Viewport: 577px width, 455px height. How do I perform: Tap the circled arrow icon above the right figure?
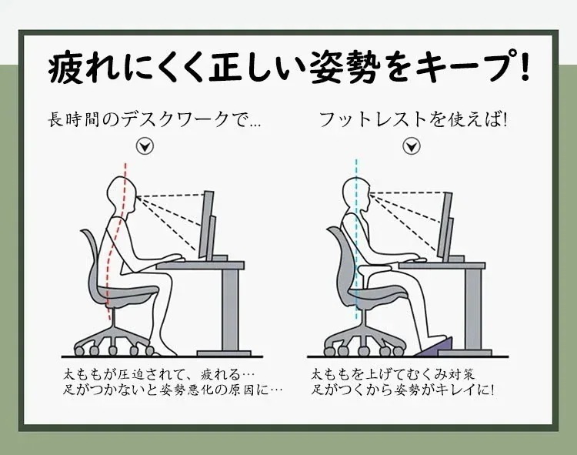[412, 146]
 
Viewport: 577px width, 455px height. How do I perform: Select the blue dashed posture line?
[356, 231]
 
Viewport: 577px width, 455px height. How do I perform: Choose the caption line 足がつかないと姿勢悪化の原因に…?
[173, 390]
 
